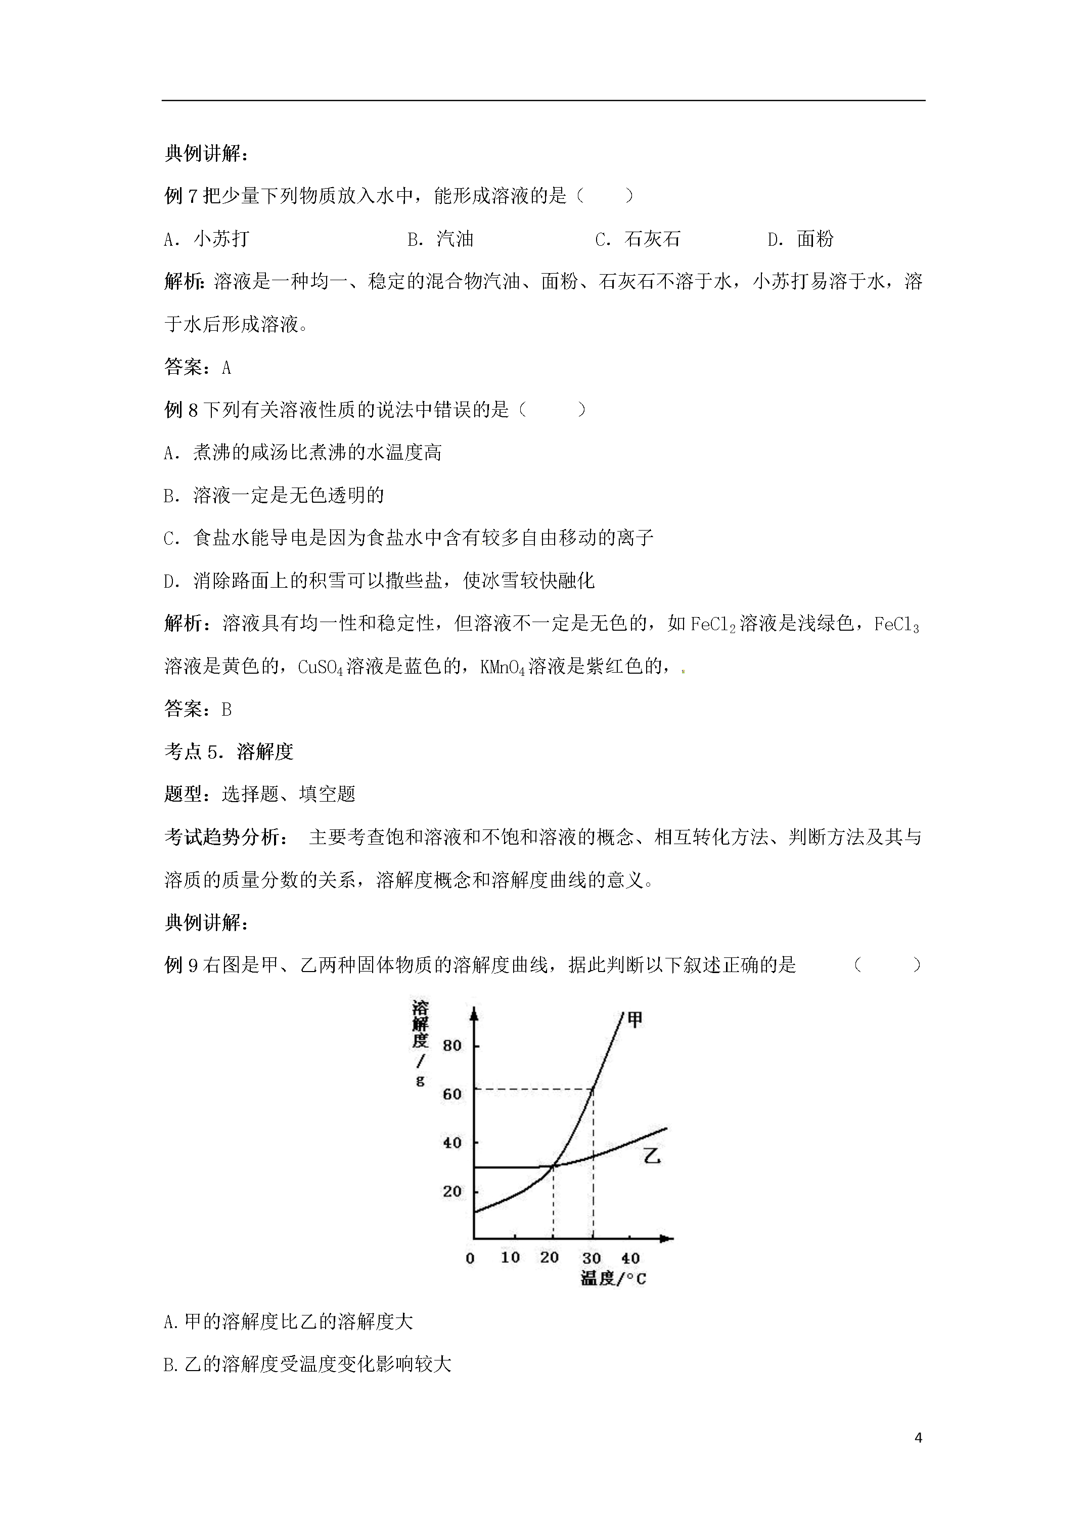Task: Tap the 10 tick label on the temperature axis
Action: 510,1258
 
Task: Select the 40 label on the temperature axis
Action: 630,1258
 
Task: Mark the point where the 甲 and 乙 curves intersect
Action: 553,1166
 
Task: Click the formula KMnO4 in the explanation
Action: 503,667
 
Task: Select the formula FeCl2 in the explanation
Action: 712,624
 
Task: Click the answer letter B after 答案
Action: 227,710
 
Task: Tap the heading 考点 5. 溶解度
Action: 229,752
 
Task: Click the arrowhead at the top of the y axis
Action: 474,1014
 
